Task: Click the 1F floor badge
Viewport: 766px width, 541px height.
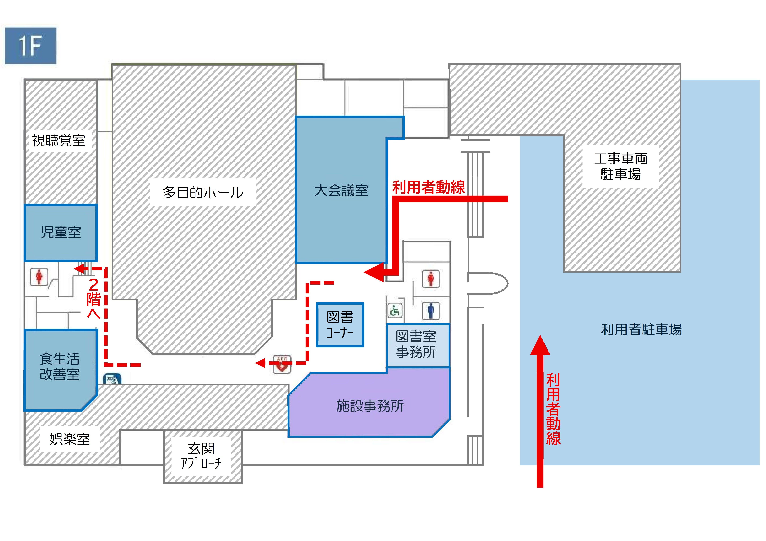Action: (30, 46)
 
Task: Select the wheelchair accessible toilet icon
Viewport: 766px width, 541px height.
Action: (395, 311)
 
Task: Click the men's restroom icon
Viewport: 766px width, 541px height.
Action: (431, 311)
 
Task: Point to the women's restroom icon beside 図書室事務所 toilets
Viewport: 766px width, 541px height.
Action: (431, 279)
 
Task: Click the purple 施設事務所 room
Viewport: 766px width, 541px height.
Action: (370, 406)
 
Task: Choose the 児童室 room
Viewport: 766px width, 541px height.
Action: (61, 232)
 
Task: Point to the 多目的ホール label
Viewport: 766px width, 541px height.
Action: (203, 192)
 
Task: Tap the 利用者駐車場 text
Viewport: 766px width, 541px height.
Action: (641, 329)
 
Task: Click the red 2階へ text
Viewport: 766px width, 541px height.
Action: (94, 298)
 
